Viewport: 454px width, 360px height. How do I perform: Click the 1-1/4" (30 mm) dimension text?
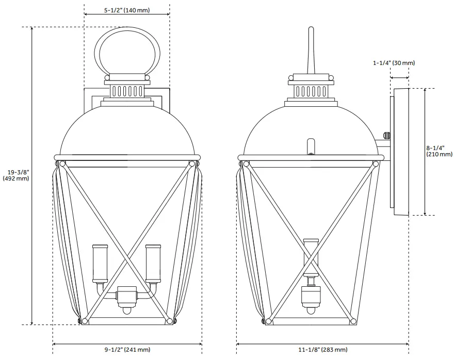[x=394, y=63]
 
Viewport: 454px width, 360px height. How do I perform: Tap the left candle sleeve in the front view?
[x=100, y=264]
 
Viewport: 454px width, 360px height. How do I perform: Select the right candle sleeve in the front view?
[x=153, y=264]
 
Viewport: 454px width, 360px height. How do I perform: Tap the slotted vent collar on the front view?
[x=127, y=91]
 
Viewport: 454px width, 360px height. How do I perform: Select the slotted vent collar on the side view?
[x=311, y=91]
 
